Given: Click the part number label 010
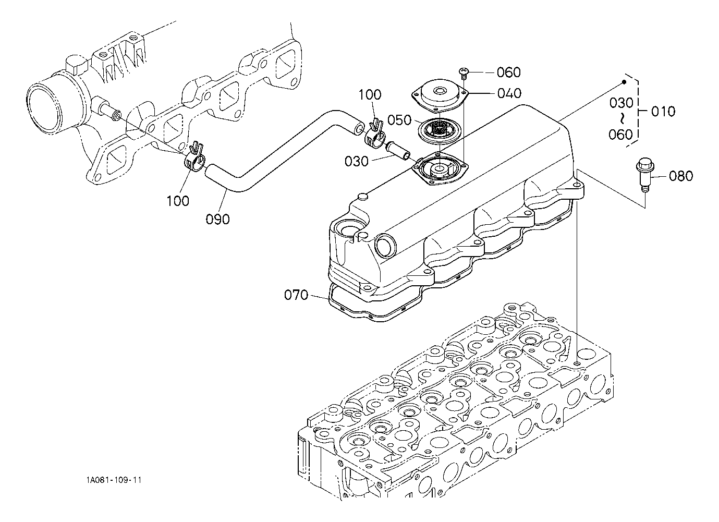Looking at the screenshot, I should [663, 112].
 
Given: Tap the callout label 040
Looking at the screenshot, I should [509, 93].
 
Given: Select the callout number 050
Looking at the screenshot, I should [399, 120].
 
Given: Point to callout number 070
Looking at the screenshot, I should [296, 295].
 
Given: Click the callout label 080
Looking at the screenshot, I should [681, 176].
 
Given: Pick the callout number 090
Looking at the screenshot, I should [217, 219].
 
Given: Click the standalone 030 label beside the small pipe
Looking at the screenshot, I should [356, 161].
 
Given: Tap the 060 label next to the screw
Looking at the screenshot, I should [509, 72].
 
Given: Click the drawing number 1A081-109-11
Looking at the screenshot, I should [114, 480].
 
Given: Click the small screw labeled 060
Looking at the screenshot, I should [464, 72].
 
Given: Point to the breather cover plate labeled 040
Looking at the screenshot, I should [439, 95].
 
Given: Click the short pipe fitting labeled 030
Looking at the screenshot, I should [398, 152].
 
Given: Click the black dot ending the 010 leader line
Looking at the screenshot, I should [623, 82].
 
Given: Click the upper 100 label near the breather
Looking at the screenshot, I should [370, 95].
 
